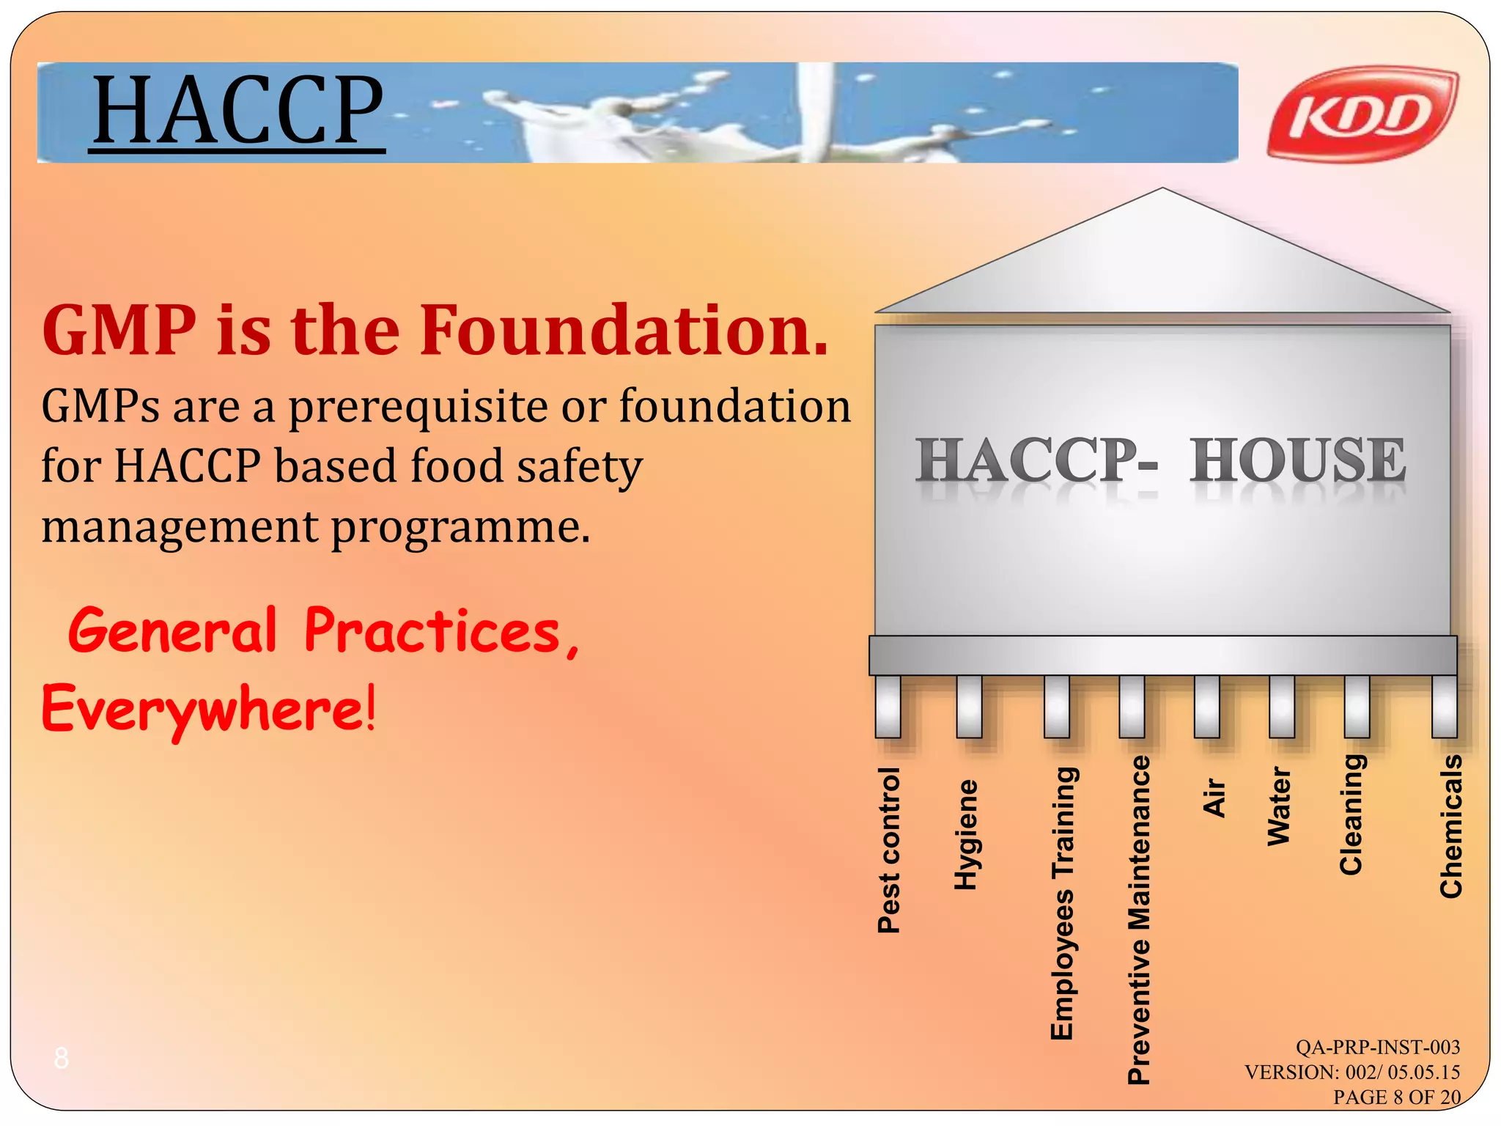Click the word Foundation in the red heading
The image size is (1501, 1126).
[x=623, y=331]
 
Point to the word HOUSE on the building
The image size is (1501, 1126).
[x=1297, y=460]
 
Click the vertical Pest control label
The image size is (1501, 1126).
[x=888, y=850]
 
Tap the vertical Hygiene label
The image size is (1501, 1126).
[x=966, y=834]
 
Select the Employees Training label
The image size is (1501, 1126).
[x=1062, y=902]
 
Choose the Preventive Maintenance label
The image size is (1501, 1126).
[x=1138, y=919]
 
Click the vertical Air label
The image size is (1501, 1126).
[x=1214, y=798]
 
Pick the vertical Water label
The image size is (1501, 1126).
[x=1279, y=806]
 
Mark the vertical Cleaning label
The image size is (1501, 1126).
[x=1351, y=814]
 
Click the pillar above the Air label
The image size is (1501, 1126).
[x=1206, y=706]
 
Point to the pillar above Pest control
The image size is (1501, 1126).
[x=888, y=706]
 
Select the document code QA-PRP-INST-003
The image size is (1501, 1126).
[x=1377, y=1047]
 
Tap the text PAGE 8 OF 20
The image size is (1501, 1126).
[x=1396, y=1097]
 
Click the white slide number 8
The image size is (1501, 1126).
[x=62, y=1058]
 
